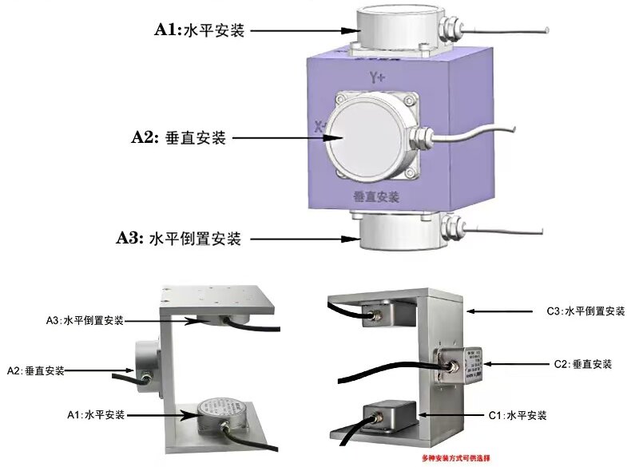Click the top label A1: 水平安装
click(199, 31)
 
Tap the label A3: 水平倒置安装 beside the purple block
click(177, 238)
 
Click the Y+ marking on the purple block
click(377, 77)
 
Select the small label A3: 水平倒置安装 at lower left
click(85, 320)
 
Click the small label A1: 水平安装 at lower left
click(97, 414)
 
